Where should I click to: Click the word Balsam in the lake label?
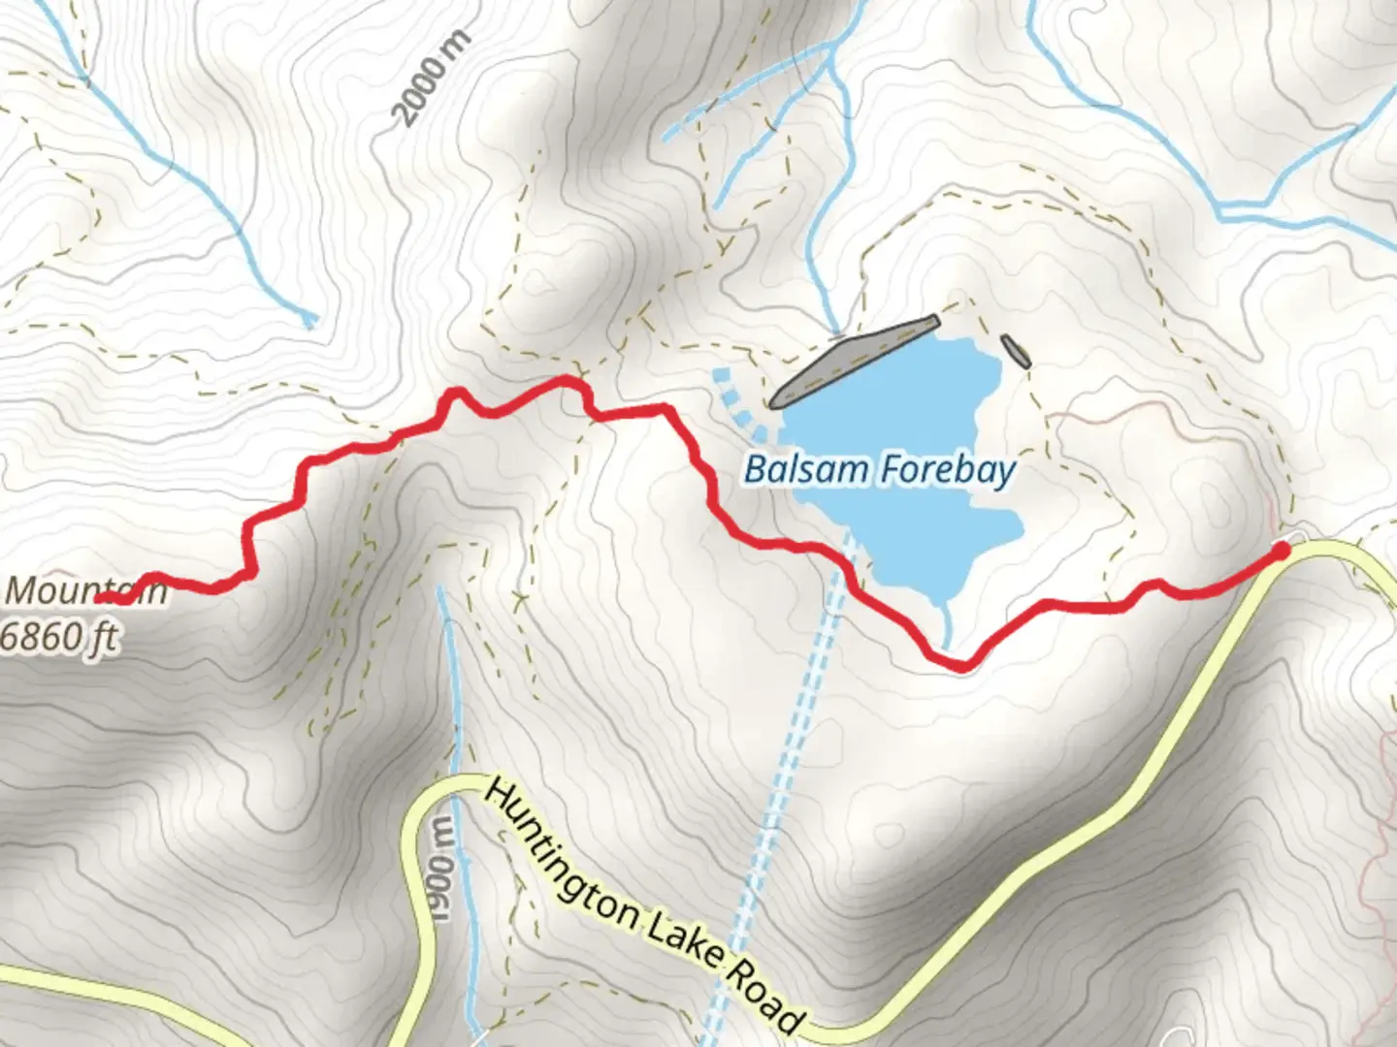[806, 469]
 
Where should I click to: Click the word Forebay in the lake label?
[949, 469]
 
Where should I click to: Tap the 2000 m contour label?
[432, 79]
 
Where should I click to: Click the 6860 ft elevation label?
[60, 637]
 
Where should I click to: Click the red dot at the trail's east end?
[1280, 552]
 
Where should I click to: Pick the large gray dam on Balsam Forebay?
[854, 361]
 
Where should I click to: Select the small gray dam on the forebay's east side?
[1016, 350]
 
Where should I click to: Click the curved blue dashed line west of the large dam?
[733, 398]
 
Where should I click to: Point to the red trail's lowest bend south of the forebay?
[956, 664]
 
